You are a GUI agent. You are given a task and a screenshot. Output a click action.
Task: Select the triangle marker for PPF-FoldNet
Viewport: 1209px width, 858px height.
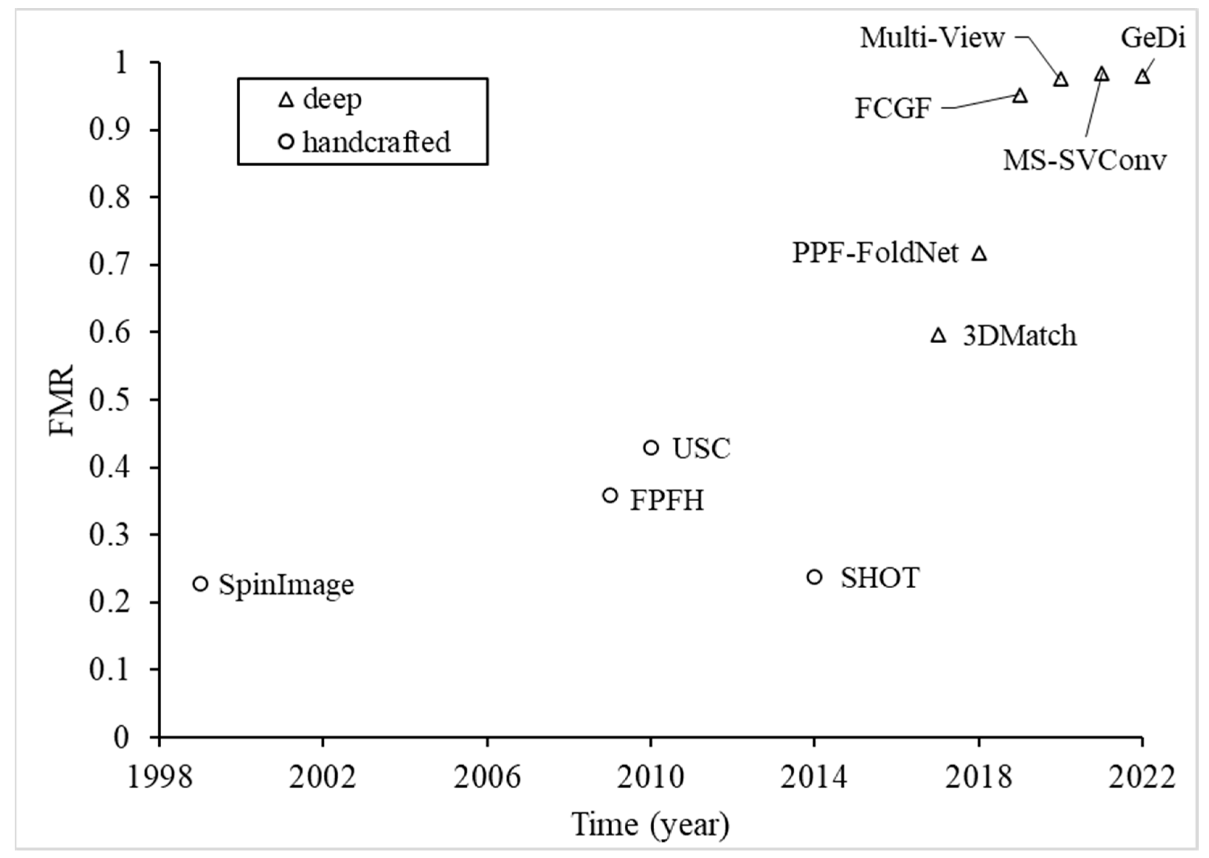pyautogui.click(x=979, y=254)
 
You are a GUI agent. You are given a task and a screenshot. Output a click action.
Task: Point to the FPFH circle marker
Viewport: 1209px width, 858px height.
pyautogui.click(x=610, y=496)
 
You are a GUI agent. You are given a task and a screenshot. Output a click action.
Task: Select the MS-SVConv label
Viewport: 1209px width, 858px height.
pyautogui.click(x=1084, y=159)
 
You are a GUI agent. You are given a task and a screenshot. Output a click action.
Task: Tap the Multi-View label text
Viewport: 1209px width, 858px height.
pyautogui.click(x=932, y=38)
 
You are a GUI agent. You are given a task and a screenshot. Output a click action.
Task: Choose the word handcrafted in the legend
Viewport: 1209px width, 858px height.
pyautogui.click(x=377, y=142)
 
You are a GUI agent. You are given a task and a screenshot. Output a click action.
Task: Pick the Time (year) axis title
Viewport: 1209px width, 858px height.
pyautogui.click(x=650, y=825)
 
